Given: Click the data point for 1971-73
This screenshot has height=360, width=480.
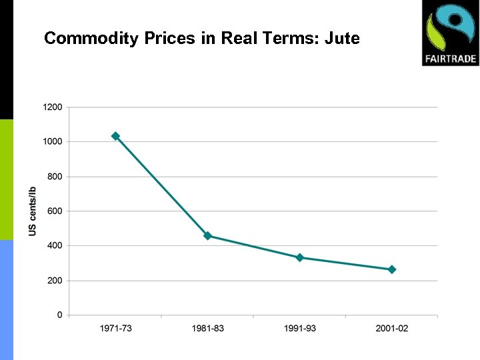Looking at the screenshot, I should click(x=115, y=136).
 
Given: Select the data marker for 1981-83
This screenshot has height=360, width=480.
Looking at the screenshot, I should click(x=207, y=236).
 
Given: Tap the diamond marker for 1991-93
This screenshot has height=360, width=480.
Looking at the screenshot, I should click(x=300, y=257).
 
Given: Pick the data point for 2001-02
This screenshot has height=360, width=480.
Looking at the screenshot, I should click(x=392, y=269).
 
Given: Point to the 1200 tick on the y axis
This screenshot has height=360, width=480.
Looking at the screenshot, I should click(x=53, y=107).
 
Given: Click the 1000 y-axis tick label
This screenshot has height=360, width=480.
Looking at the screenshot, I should click(x=53, y=141).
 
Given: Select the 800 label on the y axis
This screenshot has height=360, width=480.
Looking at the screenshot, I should click(x=55, y=177).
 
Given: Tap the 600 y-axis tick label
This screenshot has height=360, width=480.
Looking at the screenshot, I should click(x=55, y=211).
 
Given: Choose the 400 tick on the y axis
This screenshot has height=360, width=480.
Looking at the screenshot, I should click(x=55, y=245).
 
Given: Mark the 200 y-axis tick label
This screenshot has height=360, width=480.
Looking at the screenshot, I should click(x=55, y=281).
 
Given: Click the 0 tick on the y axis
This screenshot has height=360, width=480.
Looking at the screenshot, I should click(x=60, y=315).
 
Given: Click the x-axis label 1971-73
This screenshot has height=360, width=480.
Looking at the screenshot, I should click(x=115, y=328).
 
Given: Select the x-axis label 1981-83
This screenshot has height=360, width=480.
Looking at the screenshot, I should click(x=207, y=328).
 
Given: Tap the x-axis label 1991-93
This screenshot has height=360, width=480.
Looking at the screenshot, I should click(x=300, y=328).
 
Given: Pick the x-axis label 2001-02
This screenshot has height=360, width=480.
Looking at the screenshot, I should click(x=392, y=328).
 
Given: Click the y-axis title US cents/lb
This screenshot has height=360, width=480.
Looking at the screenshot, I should click(x=33, y=211).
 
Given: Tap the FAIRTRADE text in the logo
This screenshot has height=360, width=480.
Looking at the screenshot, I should click(x=450, y=58).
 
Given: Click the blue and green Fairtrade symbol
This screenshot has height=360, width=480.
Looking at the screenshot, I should click(x=450, y=27).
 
